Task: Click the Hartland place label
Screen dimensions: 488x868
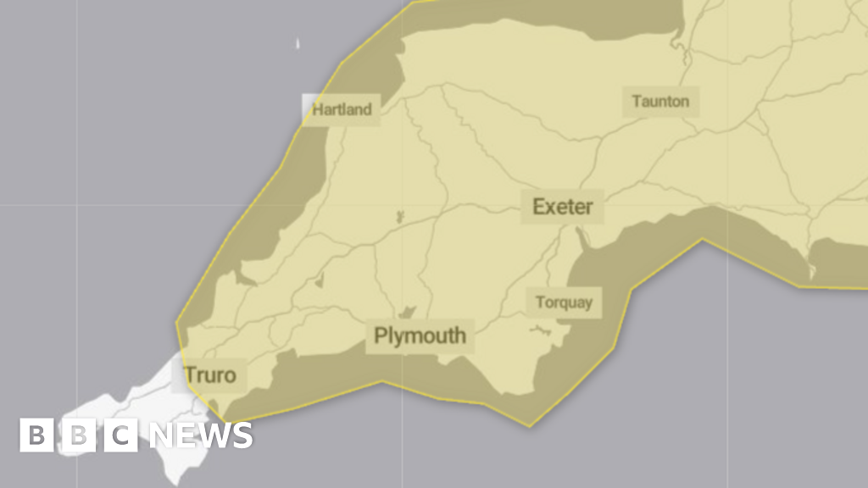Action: pyautogui.click(x=342, y=109)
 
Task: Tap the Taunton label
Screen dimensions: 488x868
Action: pyautogui.click(x=660, y=102)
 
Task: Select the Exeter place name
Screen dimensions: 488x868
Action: pyautogui.click(x=562, y=206)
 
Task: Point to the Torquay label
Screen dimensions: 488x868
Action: pyautogui.click(x=564, y=302)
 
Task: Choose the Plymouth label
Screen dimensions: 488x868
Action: pyautogui.click(x=420, y=335)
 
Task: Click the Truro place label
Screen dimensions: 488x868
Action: pyautogui.click(x=209, y=374)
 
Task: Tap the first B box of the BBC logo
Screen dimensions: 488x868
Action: pyautogui.click(x=36, y=435)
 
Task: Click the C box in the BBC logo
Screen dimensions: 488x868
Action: pyautogui.click(x=120, y=435)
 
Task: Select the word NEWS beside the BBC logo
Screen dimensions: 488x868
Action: pyautogui.click(x=201, y=435)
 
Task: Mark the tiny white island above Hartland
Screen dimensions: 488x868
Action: pyautogui.click(x=298, y=43)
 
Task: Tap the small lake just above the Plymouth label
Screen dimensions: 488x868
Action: pyautogui.click(x=407, y=312)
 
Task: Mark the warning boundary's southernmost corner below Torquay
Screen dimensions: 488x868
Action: pyautogui.click(x=530, y=425)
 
